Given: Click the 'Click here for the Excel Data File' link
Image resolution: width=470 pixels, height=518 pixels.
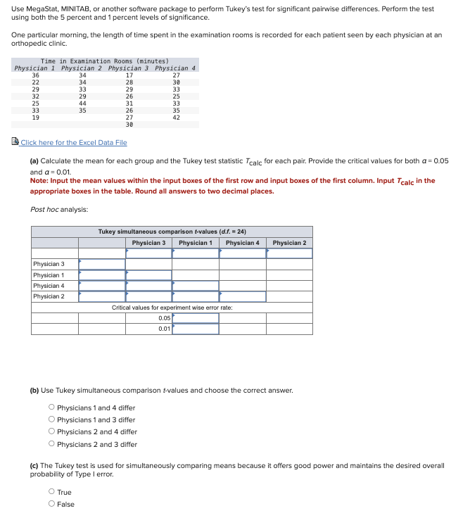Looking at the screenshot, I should click(x=73, y=143).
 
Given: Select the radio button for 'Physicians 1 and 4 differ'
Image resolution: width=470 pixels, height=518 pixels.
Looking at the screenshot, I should click(x=52, y=408).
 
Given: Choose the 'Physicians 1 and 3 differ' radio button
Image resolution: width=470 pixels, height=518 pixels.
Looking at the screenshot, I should click(x=52, y=420).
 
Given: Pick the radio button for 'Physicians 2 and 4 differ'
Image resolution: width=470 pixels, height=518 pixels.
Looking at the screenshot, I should click(x=52, y=432).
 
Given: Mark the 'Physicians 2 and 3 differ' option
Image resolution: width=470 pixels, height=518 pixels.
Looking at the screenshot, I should click(x=52, y=444).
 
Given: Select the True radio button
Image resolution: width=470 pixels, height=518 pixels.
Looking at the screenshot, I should click(x=52, y=493).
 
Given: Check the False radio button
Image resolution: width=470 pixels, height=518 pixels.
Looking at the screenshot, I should click(x=52, y=504).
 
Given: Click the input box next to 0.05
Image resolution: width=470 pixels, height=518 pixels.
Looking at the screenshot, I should click(x=196, y=318).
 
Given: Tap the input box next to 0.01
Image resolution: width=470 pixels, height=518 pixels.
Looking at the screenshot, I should click(x=196, y=329).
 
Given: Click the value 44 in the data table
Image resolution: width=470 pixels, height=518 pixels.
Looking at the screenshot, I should click(x=82, y=103).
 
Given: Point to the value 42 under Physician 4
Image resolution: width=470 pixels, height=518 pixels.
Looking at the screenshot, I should click(x=176, y=118).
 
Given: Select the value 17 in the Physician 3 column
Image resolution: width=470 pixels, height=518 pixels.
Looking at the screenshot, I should click(x=129, y=75).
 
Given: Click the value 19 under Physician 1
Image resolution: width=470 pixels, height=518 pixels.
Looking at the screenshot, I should click(x=36, y=118).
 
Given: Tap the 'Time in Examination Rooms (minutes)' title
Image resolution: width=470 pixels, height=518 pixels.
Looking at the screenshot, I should click(x=105, y=61).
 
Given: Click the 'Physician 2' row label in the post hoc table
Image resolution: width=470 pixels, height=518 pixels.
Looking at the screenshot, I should click(x=49, y=296).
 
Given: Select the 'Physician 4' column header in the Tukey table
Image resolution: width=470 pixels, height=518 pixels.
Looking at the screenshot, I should click(x=242, y=243).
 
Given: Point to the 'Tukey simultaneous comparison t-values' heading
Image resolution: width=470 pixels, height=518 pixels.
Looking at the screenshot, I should click(x=172, y=232).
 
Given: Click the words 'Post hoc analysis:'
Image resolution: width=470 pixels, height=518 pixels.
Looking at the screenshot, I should click(x=59, y=210).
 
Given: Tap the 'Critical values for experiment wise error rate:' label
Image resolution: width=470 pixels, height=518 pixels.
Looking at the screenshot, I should click(x=172, y=308).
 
